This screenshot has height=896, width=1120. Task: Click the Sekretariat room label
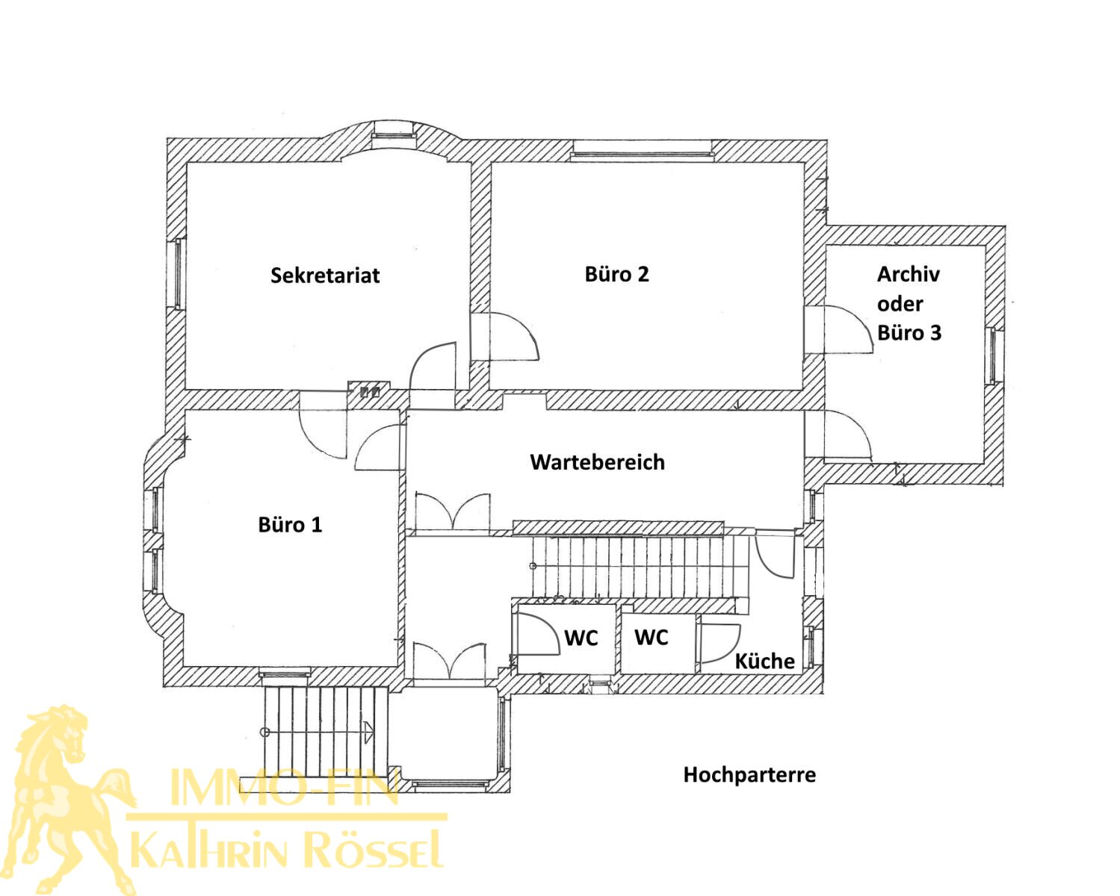click(325, 275)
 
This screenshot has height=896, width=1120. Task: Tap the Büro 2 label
click(616, 274)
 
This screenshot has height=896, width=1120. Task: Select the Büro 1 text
click(290, 524)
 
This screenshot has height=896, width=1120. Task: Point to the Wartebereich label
click(598, 461)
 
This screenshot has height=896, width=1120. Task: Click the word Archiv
click(908, 274)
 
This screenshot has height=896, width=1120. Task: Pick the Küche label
click(764, 661)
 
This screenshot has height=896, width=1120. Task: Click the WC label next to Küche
click(651, 637)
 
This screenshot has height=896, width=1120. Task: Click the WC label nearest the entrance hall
click(581, 638)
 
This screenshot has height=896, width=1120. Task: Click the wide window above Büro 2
click(641, 154)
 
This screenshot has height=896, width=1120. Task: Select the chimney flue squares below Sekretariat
click(370, 391)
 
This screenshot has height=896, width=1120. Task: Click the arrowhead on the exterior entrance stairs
click(369, 732)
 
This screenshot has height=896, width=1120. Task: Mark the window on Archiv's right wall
click(993, 355)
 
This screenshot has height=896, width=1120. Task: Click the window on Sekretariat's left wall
click(178, 274)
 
